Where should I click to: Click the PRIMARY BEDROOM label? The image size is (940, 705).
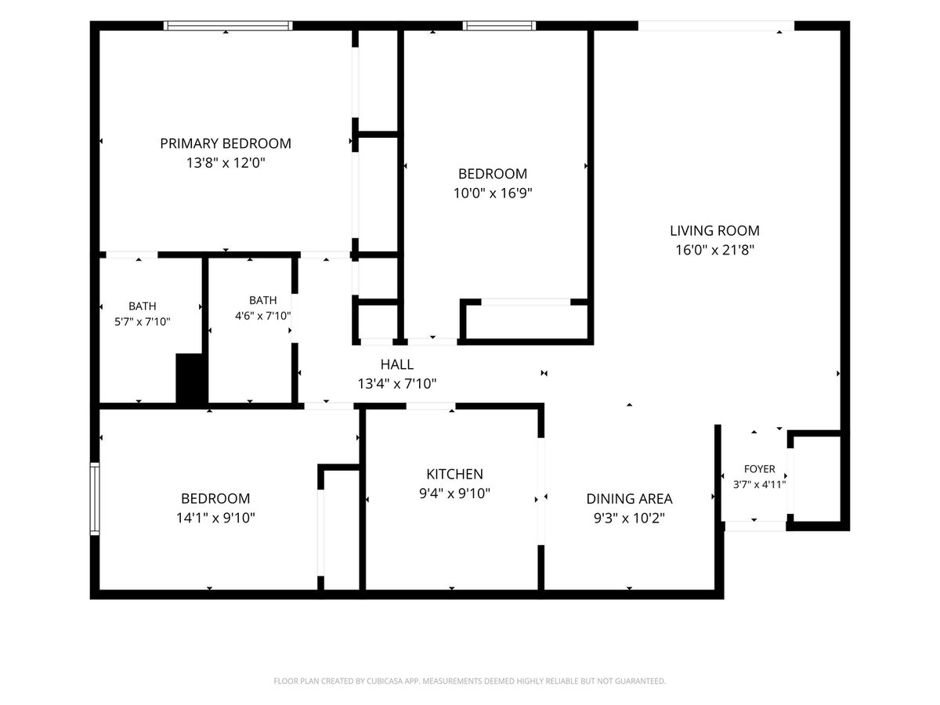pos(226,143)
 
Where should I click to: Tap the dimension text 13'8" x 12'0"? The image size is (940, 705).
pos(226,163)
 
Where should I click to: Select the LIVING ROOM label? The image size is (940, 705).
pos(714,231)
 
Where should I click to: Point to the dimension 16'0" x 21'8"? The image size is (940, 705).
pos(714,250)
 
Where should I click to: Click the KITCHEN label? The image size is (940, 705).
pos(454,474)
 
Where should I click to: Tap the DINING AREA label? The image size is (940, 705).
pos(629,499)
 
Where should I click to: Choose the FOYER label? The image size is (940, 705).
pos(759,468)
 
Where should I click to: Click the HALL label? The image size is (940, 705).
pos(397,364)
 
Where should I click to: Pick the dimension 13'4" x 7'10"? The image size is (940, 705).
pos(397,384)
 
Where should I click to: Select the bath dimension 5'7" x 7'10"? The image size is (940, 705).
pos(143,321)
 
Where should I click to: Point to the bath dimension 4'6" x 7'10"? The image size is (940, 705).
pos(263,316)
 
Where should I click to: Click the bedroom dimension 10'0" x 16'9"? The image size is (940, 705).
pos(493,193)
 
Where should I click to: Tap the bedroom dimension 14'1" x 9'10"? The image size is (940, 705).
pos(215,518)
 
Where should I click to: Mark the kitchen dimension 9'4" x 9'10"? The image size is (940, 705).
pos(454,493)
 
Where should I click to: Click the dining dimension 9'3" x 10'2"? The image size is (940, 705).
pos(629,519)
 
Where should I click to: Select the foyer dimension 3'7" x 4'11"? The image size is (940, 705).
pos(759,484)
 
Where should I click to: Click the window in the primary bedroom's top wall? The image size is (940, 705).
pos(228,26)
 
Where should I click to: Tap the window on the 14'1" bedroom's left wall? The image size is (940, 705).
pos(95,499)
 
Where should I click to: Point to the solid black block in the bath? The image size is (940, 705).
pos(192,378)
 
